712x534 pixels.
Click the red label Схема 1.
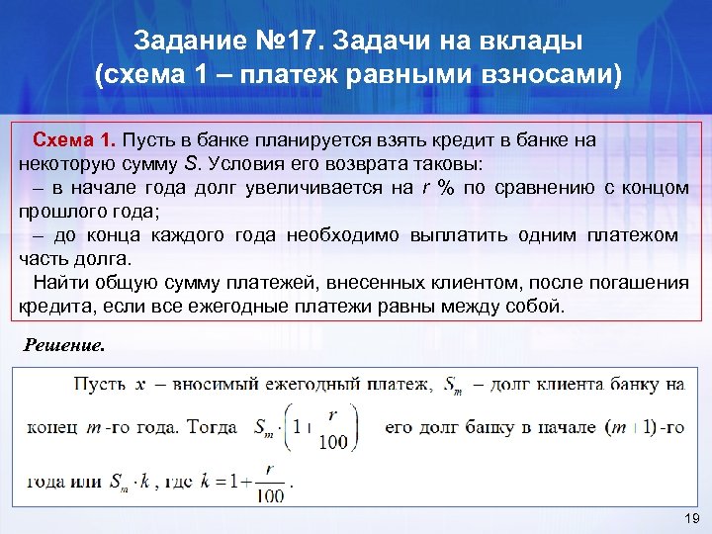(75, 140)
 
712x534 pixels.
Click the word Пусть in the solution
(102, 384)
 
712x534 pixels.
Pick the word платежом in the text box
(632, 235)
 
